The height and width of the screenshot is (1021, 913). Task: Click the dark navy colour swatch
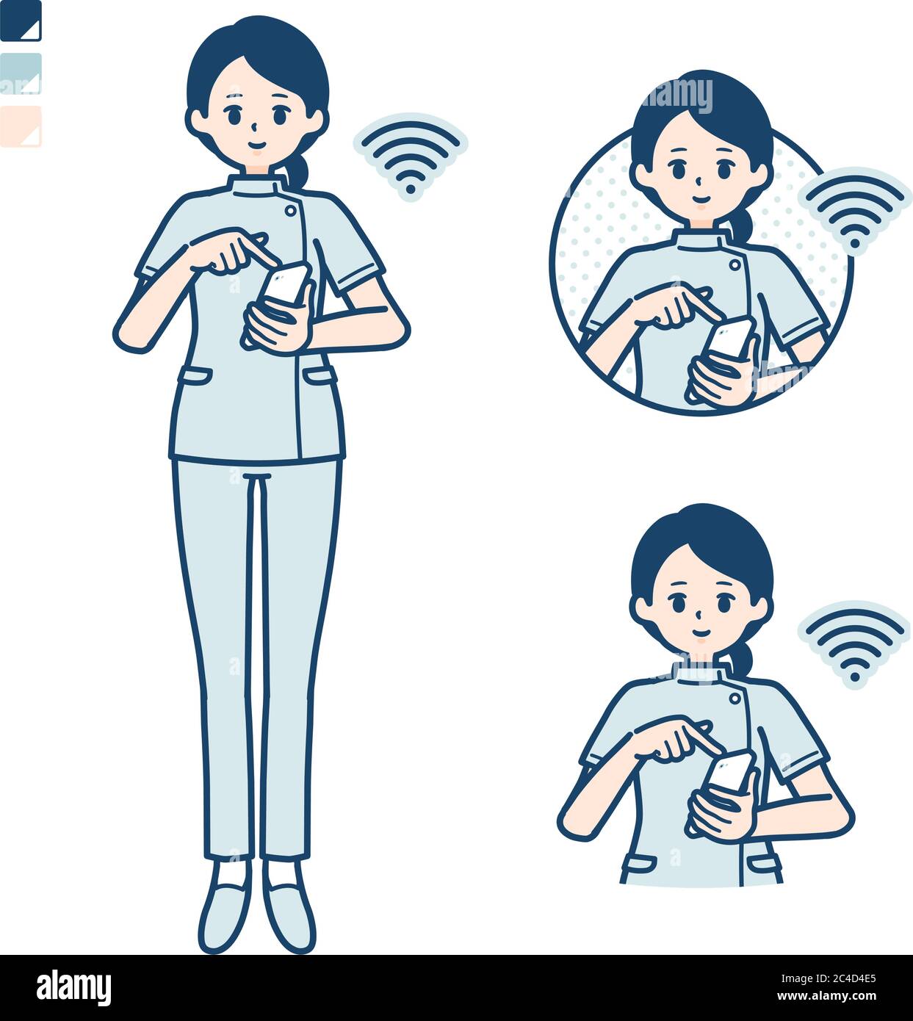(21, 21)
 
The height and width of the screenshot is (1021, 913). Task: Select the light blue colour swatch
(21, 73)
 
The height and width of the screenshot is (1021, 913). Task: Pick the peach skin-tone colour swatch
(21, 126)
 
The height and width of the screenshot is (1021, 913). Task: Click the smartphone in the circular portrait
(728, 337)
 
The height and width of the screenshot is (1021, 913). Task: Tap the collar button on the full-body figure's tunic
(291, 211)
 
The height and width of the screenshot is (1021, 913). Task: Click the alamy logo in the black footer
(73, 987)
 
